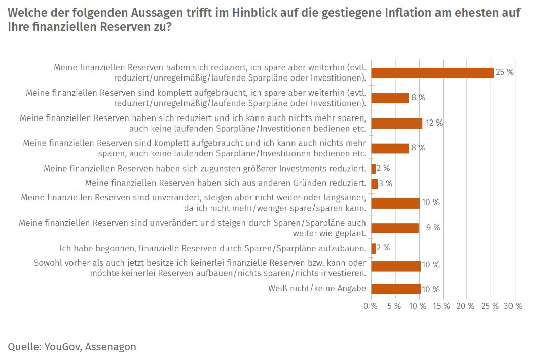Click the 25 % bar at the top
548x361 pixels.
coord(432,73)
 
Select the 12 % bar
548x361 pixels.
coord(396,123)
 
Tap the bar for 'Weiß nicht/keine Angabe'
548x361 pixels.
coord(395,289)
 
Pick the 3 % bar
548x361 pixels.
coord(374,184)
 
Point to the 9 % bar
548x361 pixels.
coord(395,228)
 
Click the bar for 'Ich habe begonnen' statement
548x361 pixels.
coord(373,248)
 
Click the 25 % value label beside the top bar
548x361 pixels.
coord(504,72)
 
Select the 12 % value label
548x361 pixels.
coord(434,123)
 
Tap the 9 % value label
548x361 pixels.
coord(433,228)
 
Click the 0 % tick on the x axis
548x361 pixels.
coord(371,306)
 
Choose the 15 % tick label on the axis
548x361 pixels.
coord(442,306)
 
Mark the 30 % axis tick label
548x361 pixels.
coord(513,306)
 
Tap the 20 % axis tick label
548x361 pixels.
coord(465,306)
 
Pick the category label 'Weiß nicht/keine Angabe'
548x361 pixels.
coord(317,289)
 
